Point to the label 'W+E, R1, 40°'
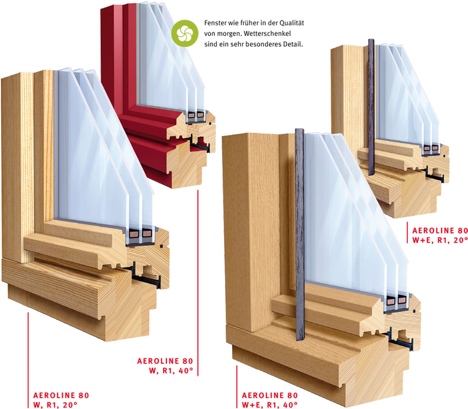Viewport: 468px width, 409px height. tap(270, 405)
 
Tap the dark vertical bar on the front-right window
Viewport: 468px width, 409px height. tap(300, 231)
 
